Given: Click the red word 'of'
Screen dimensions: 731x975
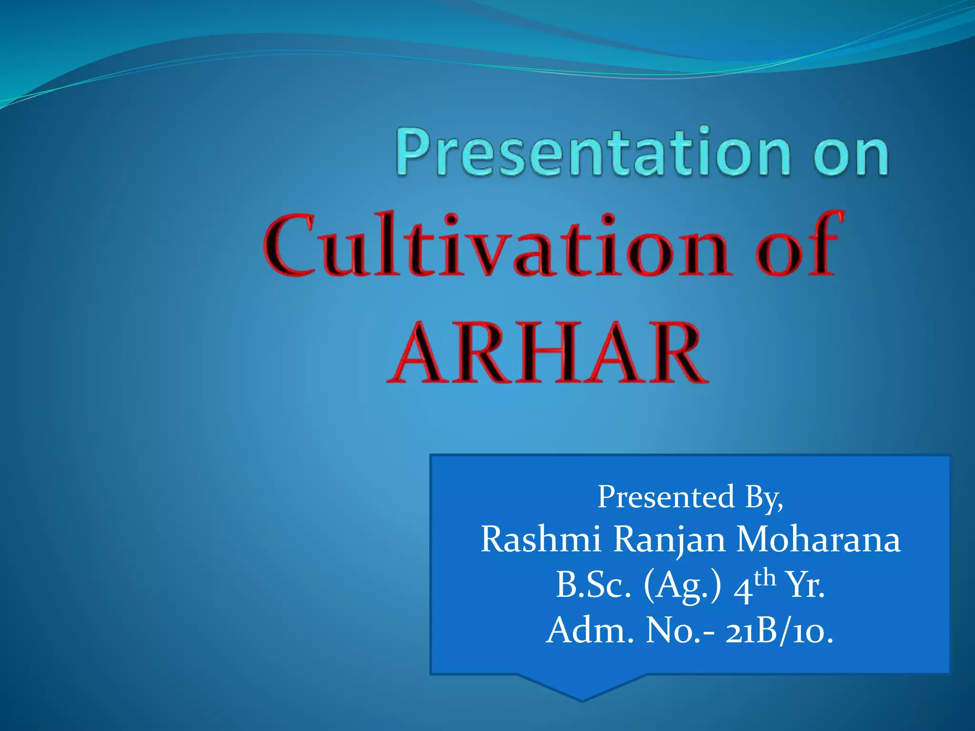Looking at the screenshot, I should pyautogui.click(x=797, y=245).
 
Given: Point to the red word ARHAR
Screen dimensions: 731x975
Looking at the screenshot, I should pyautogui.click(x=547, y=353).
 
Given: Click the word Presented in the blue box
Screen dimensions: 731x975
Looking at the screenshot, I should pyautogui.click(x=666, y=496).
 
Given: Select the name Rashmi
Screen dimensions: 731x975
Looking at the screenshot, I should pyautogui.click(x=541, y=540).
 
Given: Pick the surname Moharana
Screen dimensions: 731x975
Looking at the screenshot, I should pyautogui.click(x=818, y=540).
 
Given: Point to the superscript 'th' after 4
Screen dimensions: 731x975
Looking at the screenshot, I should pyautogui.click(x=765, y=578).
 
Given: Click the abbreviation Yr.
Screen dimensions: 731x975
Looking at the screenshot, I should pyautogui.click(x=805, y=585).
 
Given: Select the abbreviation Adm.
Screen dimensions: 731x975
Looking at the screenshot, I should pyautogui.click(x=590, y=631).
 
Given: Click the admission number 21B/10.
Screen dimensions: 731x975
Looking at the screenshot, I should pyautogui.click(x=779, y=632).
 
